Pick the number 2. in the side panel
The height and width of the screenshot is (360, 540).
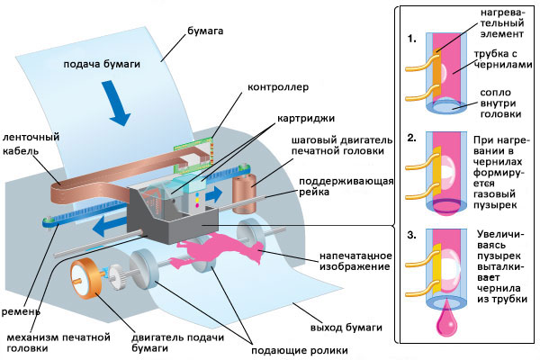(410, 139)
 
